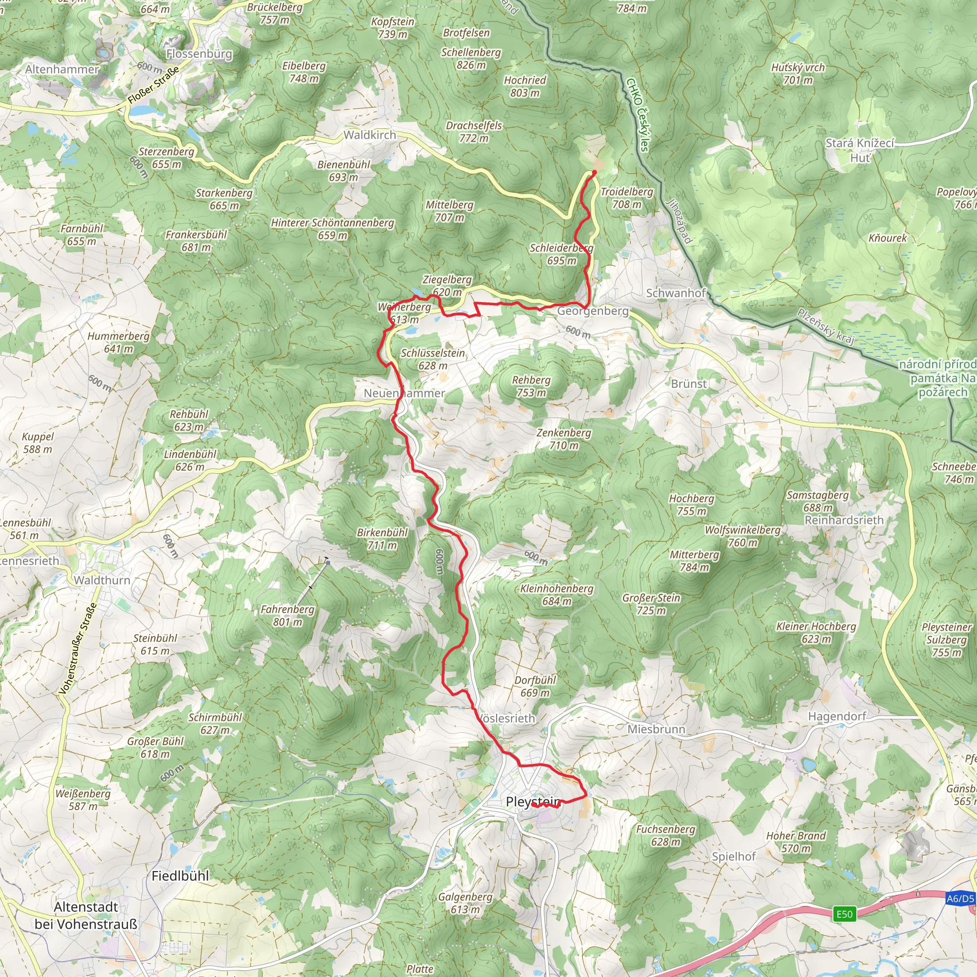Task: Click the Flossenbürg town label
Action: click(199, 53)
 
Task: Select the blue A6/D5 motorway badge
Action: click(960, 899)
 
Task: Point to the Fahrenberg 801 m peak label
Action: click(287, 615)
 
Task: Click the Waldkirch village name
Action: click(370, 135)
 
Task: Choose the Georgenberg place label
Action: click(592, 311)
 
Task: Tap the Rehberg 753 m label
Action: click(531, 386)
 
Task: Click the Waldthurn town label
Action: click(102, 580)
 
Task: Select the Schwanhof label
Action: click(676, 293)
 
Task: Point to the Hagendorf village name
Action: click(837, 716)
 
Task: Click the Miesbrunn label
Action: click(656, 729)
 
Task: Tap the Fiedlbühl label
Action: click(180, 876)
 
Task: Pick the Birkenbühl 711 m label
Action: click(382, 539)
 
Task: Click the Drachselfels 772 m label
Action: click(474, 132)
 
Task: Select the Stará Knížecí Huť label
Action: click(860, 150)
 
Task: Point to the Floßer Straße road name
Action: click(153, 85)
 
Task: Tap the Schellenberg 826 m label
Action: click(471, 58)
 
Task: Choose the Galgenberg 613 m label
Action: click(465, 903)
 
